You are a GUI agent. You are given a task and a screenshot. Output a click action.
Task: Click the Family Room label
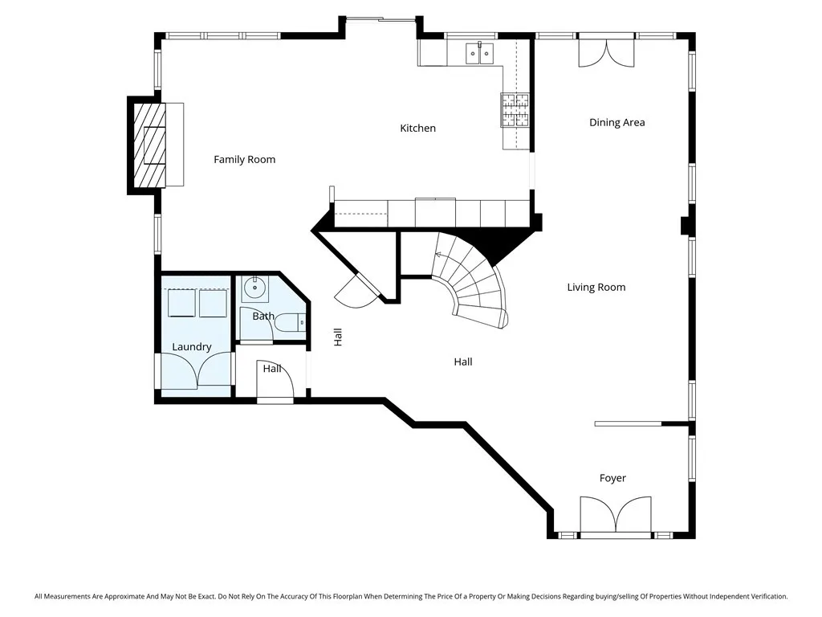coord(244,160)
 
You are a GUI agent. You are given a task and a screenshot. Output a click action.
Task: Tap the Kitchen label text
coord(417,129)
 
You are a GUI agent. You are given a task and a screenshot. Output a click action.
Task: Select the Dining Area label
coord(616,123)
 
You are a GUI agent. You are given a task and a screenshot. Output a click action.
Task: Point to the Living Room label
coord(596,288)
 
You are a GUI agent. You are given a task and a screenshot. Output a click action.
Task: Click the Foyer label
coord(612,479)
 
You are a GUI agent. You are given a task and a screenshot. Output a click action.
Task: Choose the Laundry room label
coord(192,347)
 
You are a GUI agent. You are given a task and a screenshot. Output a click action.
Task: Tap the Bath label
coord(263,317)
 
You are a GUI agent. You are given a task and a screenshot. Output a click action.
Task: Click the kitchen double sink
coord(480,54)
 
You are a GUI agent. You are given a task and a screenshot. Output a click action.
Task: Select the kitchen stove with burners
coord(515,110)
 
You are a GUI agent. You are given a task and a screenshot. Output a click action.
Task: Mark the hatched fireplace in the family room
coord(149,145)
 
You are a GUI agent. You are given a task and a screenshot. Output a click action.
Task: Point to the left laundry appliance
coord(181,304)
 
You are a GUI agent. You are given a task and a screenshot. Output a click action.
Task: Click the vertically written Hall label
coord(338,337)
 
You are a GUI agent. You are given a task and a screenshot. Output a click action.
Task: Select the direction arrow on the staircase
coord(439,255)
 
